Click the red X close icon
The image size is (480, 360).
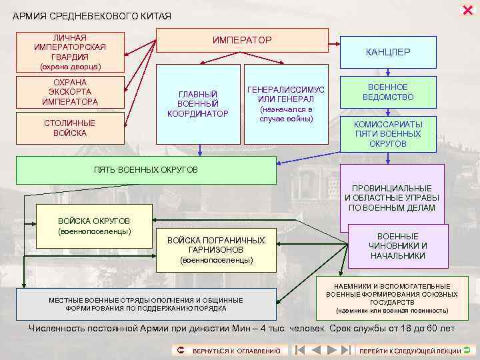[467, 9]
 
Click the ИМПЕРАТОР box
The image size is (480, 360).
[242, 41]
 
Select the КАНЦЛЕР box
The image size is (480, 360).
[388, 51]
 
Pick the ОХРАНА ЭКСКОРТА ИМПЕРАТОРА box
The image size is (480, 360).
[70, 92]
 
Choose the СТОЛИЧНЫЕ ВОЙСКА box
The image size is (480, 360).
[70, 128]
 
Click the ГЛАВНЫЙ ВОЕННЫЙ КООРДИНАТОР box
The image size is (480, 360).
[198, 104]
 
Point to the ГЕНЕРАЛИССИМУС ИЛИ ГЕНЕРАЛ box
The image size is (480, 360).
[286, 103]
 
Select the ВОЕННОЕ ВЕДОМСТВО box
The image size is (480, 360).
[388, 92]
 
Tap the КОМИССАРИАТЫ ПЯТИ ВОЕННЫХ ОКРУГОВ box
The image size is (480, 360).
[388, 133]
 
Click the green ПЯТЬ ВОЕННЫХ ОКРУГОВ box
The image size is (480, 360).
[145, 170]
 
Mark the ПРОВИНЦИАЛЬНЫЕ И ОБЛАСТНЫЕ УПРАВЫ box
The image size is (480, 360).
[392, 197]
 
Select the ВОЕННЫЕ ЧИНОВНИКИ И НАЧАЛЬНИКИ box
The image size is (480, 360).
[398, 245]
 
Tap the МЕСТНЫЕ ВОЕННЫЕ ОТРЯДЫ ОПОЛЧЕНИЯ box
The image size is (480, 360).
[145, 304]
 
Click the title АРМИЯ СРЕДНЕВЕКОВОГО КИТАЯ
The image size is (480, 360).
[92, 15]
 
